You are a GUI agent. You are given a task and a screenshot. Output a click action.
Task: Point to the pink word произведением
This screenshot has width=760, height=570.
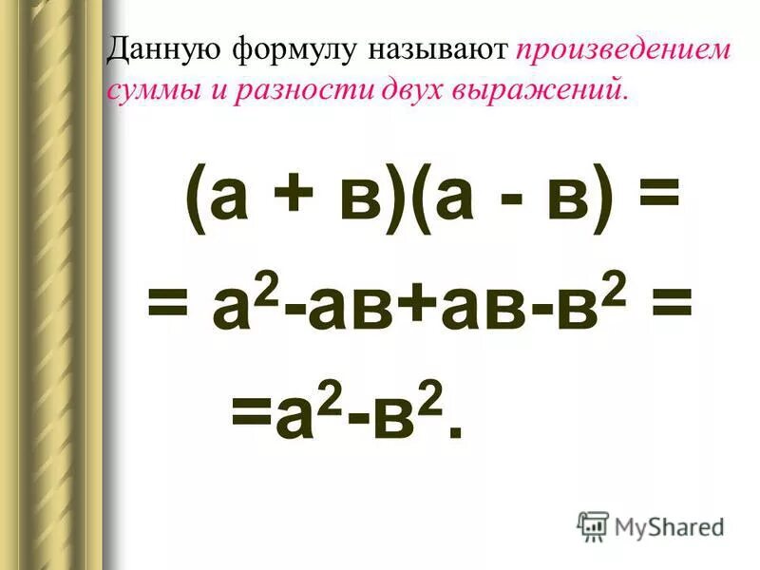click(624, 50)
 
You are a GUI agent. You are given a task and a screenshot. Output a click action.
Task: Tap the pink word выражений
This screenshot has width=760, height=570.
click(526, 90)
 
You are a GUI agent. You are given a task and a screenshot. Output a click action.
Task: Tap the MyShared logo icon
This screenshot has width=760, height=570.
click(593, 525)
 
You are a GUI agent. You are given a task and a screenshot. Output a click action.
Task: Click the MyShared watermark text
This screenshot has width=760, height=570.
click(669, 526)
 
